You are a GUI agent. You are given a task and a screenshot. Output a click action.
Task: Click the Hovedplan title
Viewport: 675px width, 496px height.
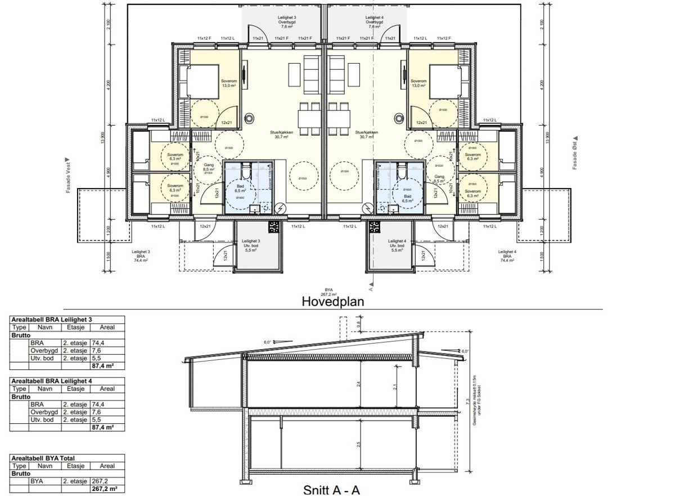pos(333,301)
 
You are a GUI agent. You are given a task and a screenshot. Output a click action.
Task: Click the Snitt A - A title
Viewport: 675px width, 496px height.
pos(331,490)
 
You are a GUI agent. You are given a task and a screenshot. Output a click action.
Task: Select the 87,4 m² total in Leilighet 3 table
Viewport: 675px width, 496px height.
pos(103,365)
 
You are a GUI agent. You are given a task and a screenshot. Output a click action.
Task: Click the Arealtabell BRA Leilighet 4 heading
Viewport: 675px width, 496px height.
pos(52,381)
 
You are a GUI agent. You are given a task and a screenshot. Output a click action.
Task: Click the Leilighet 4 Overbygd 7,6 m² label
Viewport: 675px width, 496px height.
pos(374,23)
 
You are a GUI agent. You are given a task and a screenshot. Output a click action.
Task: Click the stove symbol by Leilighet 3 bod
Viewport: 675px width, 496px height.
pos(274,227)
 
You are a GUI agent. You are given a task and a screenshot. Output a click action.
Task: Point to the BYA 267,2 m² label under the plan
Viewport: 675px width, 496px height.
pos(328,292)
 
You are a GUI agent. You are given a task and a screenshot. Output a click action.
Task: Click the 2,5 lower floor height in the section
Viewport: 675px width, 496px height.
pos(358,445)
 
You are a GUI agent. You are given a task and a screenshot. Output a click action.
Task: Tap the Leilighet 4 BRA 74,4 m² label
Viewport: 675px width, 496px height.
pos(507,257)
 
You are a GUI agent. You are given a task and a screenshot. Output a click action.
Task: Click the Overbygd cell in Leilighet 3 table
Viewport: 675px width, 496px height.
pos(44,350)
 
